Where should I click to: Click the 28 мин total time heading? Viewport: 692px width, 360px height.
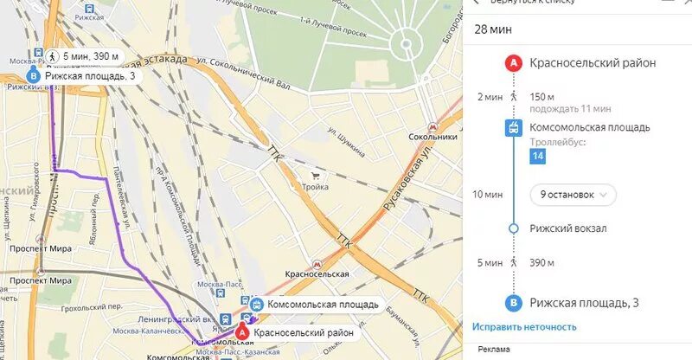pos(493,29)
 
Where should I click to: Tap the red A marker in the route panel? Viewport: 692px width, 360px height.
pos(514,62)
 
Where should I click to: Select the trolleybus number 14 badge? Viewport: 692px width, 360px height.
pos(538,156)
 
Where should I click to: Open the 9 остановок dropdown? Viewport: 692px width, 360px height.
pos(573,195)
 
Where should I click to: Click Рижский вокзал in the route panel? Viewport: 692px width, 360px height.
pos(570,228)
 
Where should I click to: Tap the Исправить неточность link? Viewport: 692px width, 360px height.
pos(524,326)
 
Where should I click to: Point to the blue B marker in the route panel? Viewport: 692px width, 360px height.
pos(514,303)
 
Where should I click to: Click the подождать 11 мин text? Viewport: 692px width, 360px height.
pos(570,108)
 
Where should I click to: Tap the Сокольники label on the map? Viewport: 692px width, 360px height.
pos(432,137)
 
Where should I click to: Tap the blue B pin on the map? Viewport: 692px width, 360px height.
pos(34,76)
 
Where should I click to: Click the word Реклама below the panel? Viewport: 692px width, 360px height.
pos(492,349)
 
